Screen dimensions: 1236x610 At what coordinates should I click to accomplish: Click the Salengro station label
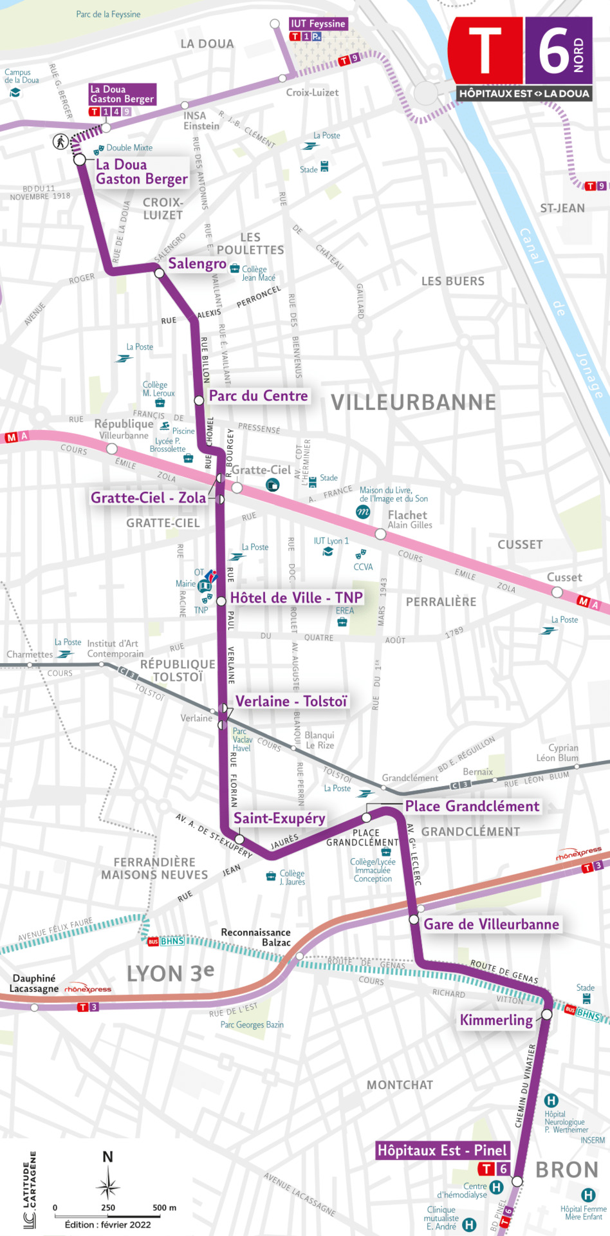(197, 263)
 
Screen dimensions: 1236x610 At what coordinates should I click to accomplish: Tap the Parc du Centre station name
(258, 396)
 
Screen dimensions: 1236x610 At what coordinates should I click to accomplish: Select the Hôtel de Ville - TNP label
(296, 598)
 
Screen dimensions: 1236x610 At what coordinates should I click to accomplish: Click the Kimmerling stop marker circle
(546, 1014)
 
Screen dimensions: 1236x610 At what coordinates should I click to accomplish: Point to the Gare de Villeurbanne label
(491, 924)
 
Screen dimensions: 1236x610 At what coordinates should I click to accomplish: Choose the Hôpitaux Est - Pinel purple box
(442, 1150)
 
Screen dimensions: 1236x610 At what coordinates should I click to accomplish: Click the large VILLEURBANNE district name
(413, 402)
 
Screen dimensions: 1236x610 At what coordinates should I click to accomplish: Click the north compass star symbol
(108, 1184)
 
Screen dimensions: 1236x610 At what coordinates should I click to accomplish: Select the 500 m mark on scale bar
(164, 1208)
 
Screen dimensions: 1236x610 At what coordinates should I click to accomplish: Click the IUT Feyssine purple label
(318, 24)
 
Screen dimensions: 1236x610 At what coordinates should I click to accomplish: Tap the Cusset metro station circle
(557, 592)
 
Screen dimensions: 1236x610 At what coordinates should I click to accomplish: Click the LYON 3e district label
(170, 973)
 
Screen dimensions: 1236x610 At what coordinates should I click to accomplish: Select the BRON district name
(566, 1170)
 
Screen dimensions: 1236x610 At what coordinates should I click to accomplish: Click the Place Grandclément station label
(472, 807)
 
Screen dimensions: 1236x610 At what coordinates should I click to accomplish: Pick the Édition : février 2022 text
(107, 1224)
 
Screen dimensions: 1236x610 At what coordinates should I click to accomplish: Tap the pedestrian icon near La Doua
(60, 141)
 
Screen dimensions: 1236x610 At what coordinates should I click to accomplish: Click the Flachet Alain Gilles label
(409, 520)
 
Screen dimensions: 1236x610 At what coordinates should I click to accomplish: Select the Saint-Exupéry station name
(279, 818)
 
